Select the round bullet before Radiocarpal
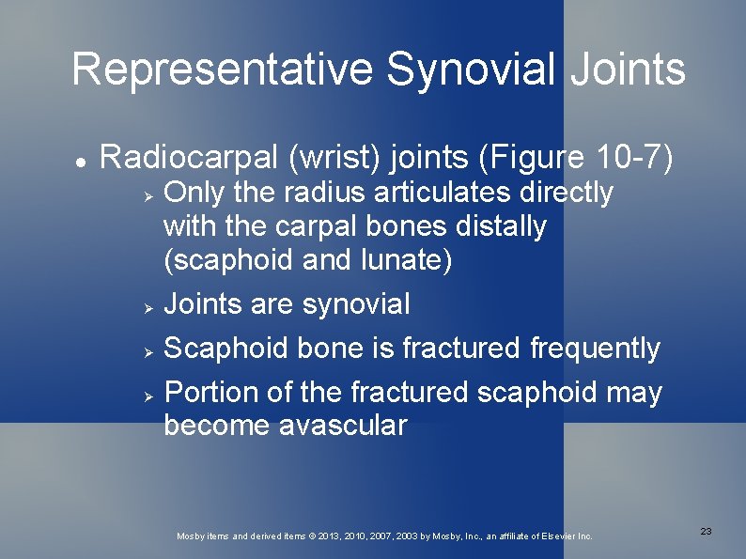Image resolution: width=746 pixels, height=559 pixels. pyautogui.click(x=82, y=161)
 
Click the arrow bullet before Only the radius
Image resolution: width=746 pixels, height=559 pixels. pyautogui.click(x=148, y=194)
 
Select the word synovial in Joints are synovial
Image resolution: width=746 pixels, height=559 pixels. pyautogui.click(x=356, y=304)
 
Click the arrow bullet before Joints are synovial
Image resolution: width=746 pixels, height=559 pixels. pyautogui.click(x=148, y=305)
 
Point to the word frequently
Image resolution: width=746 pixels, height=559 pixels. pyautogui.click(x=595, y=349)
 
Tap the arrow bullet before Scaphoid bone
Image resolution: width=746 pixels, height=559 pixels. pyautogui.click(x=148, y=349)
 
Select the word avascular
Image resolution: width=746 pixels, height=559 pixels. pyautogui.click(x=343, y=426)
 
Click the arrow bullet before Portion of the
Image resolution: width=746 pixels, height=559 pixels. pyautogui.click(x=148, y=393)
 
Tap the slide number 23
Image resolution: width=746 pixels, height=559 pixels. pyautogui.click(x=706, y=532)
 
